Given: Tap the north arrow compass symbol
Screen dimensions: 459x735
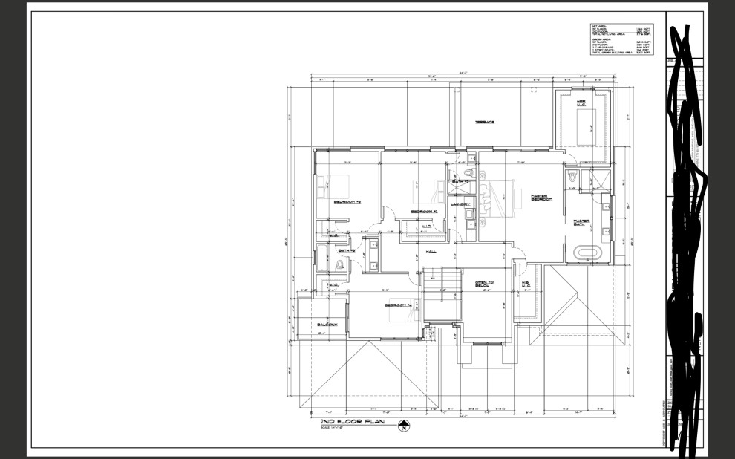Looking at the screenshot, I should click(x=404, y=426).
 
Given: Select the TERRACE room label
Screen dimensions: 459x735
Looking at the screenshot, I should click(x=485, y=122).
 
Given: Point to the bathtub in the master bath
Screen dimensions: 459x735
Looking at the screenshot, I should click(x=590, y=253).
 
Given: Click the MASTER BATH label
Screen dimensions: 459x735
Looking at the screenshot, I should click(x=581, y=222).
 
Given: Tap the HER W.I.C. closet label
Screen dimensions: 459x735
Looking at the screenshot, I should click(x=582, y=102).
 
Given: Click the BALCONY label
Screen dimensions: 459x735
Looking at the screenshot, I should click(x=327, y=325).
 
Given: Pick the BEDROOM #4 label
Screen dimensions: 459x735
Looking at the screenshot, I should click(x=398, y=305).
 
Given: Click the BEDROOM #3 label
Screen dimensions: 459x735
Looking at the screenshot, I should click(x=347, y=201).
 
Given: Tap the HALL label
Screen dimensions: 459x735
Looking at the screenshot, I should click(x=430, y=251).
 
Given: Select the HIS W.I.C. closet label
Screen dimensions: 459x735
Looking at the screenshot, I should click(x=526, y=285).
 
